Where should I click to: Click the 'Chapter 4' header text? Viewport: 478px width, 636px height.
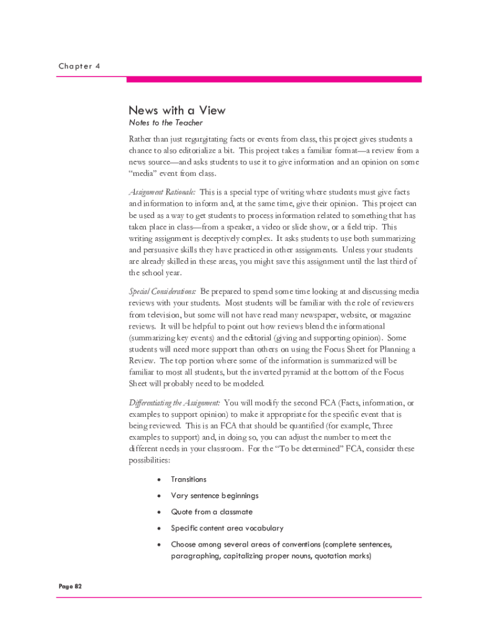(x=80, y=66)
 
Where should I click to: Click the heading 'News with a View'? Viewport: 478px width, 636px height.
(x=177, y=111)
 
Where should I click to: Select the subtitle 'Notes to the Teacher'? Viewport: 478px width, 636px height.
(x=166, y=123)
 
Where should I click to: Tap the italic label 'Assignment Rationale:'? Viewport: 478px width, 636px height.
(x=162, y=192)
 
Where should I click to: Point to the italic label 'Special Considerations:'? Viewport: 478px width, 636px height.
(x=163, y=291)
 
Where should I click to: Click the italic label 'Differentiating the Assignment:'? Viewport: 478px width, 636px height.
(x=174, y=402)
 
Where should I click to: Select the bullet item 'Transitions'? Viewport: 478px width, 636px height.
(x=189, y=479)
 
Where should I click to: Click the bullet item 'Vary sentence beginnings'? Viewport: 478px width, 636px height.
(x=215, y=496)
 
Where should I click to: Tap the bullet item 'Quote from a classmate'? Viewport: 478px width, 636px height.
(x=212, y=512)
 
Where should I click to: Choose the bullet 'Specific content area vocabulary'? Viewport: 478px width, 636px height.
(x=227, y=528)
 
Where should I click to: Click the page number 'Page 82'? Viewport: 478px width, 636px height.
(x=70, y=586)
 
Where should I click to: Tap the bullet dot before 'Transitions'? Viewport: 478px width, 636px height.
(x=160, y=479)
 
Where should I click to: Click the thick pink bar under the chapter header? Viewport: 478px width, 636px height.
(x=274, y=79)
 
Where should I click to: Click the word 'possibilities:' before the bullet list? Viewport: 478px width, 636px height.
(x=149, y=461)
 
